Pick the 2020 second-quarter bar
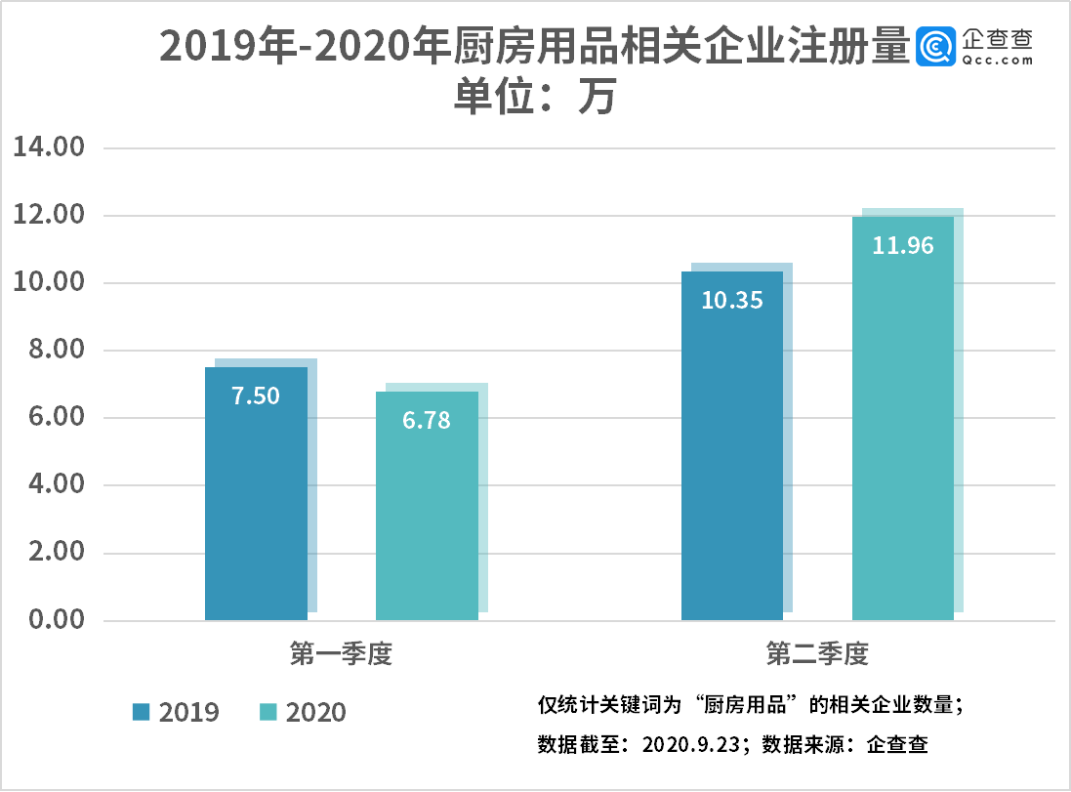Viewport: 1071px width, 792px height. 903,439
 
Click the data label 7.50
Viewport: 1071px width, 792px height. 256,396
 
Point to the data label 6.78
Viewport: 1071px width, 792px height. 427,421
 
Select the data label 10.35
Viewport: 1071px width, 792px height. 732,300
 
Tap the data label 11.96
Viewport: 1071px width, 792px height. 903,245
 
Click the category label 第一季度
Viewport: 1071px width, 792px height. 341,654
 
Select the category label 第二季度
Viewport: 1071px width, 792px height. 817,654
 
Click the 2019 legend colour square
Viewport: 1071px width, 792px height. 142,712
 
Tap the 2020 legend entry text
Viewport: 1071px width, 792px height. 315,712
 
